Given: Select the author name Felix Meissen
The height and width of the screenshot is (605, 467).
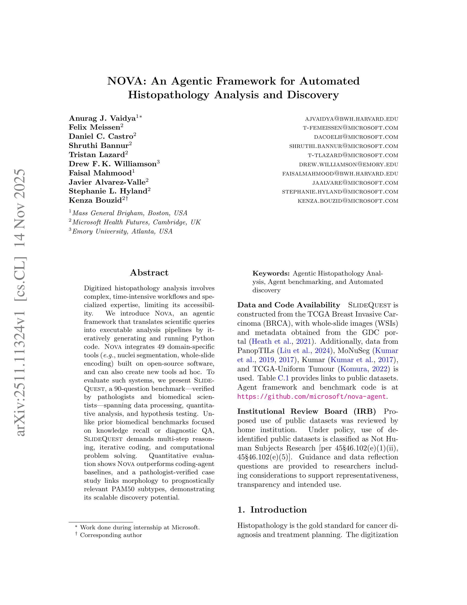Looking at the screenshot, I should coord(94,127).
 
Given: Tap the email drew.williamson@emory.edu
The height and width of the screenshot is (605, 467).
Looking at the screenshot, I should coord(348,164).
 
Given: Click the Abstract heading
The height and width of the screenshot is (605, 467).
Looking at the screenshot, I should coord(149,273).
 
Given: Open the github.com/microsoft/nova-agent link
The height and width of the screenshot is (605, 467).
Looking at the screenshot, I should coord(312,396).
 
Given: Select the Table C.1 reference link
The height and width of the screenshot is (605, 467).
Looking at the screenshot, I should coord(284,378).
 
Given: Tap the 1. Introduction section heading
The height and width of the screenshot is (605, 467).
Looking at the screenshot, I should coord(272,510).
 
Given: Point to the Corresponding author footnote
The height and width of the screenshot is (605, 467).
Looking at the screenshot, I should coord(111,535).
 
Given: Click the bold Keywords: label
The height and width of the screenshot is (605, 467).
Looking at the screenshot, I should coord(271,273).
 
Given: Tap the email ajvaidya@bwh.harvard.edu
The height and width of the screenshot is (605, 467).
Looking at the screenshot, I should coord(351,119).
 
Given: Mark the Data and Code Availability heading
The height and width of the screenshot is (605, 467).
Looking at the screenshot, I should coord(288,305).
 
